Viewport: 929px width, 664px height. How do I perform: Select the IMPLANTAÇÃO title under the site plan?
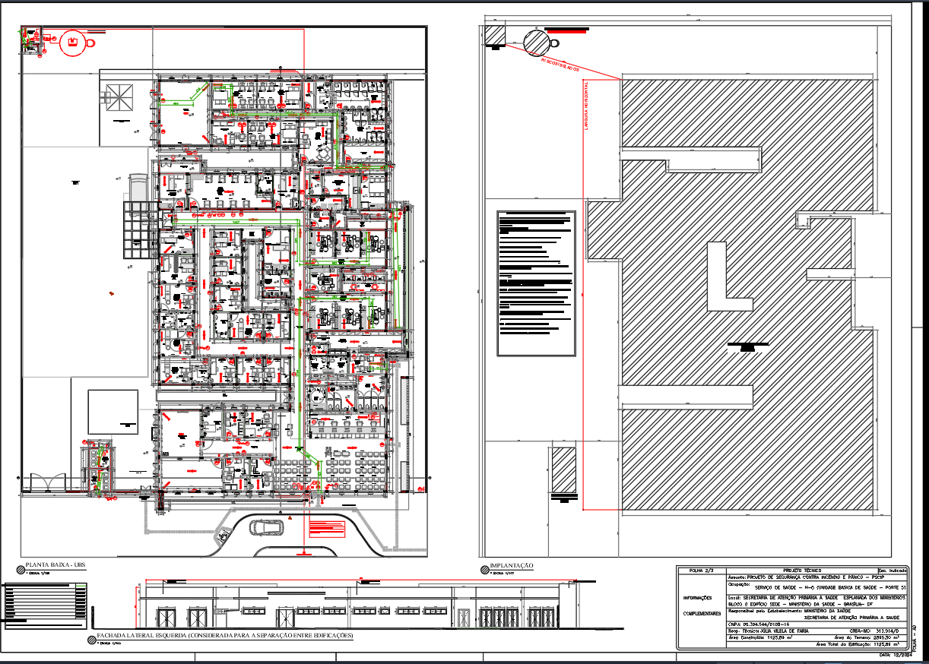tap(512, 565)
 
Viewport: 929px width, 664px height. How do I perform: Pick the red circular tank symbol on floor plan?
tap(74, 43)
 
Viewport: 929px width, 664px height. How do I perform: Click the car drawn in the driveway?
tap(266, 527)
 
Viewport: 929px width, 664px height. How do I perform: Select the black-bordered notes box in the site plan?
tap(536, 283)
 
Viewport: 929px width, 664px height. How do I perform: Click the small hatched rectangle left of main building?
tap(563, 470)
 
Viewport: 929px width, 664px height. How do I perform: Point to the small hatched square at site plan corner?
tap(494, 36)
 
